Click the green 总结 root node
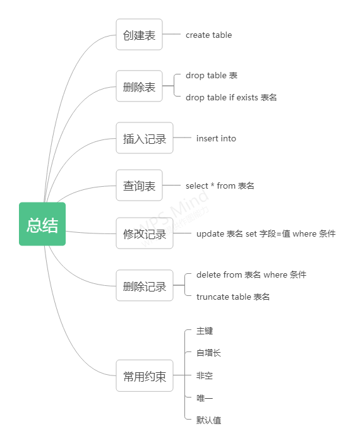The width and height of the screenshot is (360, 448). click(42, 224)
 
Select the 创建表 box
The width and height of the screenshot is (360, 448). click(139, 35)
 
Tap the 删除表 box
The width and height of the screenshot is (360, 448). click(139, 86)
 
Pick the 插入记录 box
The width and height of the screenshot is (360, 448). click(145, 138)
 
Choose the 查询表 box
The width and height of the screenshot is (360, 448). click(139, 186)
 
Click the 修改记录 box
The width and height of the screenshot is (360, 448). click(145, 233)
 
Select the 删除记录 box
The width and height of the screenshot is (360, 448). click(145, 286)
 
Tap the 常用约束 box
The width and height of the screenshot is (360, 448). click(145, 376)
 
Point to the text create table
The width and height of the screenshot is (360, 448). click(208, 35)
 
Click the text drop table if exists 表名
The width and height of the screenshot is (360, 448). click(231, 97)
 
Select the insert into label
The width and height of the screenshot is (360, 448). click(216, 138)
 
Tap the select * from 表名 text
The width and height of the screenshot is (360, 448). click(220, 186)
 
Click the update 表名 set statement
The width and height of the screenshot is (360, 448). click(266, 233)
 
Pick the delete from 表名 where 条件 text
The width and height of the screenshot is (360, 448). click(251, 274)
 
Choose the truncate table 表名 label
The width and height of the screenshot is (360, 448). click(233, 297)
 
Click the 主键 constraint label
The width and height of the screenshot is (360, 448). click(205, 331)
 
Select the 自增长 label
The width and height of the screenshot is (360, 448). click(208, 353)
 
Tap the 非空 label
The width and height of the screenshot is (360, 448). click(205, 375)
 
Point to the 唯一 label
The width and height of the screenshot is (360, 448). click(205, 398)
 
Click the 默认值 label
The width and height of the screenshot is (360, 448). click(208, 420)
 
